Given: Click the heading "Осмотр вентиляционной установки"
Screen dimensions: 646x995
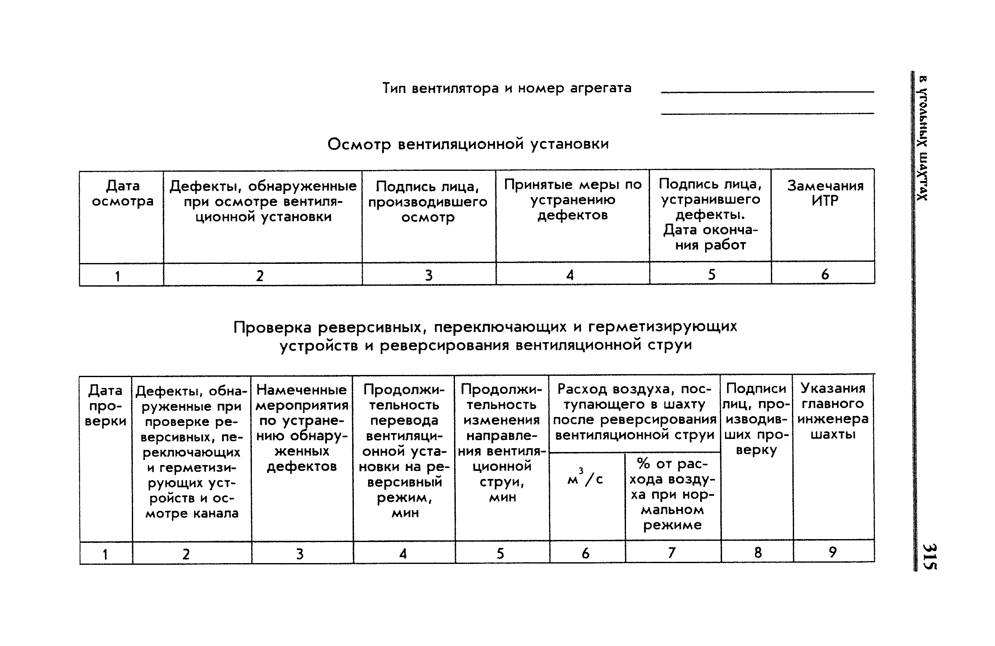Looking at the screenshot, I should point(468,144).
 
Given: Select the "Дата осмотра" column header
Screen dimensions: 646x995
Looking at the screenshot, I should point(123,194).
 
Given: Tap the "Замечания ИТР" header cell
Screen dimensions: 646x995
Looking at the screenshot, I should point(825,193).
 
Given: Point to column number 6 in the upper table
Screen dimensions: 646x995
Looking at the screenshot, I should point(825,274).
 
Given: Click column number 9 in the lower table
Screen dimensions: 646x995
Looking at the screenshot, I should point(833,552).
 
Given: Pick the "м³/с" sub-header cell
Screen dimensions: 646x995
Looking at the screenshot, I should point(585,478).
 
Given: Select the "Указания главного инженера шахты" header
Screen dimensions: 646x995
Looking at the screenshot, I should point(833,411).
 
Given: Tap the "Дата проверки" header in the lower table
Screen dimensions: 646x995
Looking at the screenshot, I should point(105,406).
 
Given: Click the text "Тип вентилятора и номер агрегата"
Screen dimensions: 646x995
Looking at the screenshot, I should point(507,88).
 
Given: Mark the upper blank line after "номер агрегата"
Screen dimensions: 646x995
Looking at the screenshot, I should point(768,92).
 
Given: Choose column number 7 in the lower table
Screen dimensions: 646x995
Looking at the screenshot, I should point(672,553).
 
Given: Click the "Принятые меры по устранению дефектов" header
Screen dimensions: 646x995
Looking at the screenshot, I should point(572,200).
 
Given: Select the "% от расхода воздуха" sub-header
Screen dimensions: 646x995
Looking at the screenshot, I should point(672,494).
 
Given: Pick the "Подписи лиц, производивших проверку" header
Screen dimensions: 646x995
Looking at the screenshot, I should point(756,419).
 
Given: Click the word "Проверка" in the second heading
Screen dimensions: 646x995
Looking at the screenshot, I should point(273,327).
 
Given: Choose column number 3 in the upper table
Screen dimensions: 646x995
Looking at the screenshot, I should point(428,275).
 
